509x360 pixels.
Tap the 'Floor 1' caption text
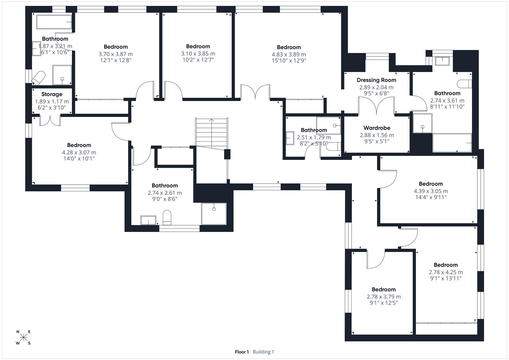click(x=242, y=352)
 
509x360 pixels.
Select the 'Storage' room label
click(x=52, y=94)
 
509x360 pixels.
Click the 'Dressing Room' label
click(x=376, y=80)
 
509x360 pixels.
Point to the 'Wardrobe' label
click(x=377, y=128)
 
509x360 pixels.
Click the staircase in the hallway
click(x=212, y=132)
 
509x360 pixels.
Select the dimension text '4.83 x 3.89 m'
click(x=289, y=54)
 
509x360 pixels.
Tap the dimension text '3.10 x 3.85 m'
click(x=198, y=54)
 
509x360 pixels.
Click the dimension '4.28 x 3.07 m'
click(x=79, y=152)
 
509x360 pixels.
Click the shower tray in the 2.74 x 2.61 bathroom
click(x=214, y=213)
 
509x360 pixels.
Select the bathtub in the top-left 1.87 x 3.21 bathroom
click(x=54, y=22)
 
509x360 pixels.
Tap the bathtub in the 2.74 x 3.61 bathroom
click(x=452, y=143)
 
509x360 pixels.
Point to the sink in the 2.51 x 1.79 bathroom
click(x=289, y=138)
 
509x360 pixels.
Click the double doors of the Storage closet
click(x=50, y=120)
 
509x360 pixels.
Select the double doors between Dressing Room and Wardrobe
click(x=376, y=106)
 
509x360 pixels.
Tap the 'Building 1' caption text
click(x=263, y=352)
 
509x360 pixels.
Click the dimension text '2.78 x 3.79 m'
click(x=384, y=297)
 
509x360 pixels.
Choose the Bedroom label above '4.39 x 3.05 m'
click(x=431, y=184)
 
